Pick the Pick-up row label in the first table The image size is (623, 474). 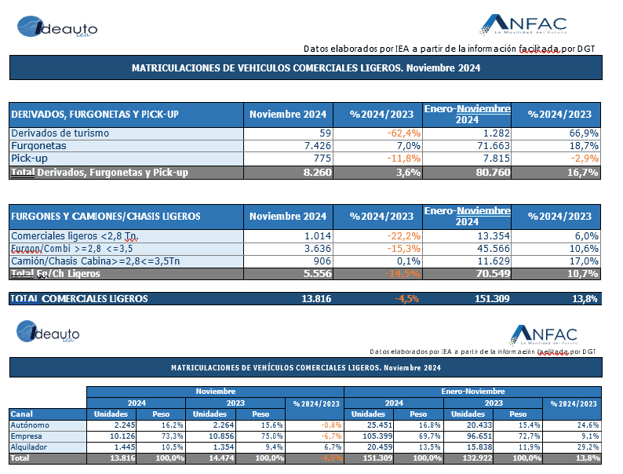pos(31,159)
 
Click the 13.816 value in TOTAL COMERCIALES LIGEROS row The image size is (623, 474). pos(313,298)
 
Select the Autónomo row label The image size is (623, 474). pos(31,425)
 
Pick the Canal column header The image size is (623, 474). pos(22,414)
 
